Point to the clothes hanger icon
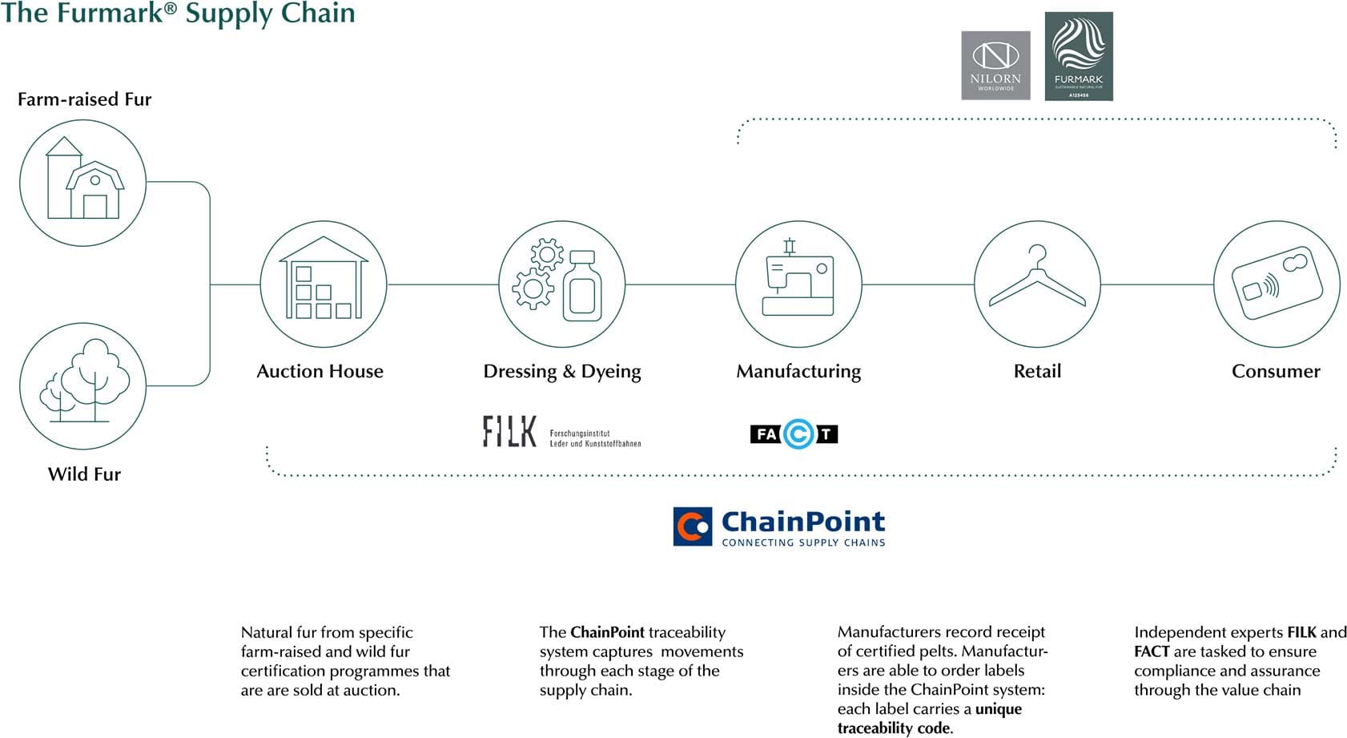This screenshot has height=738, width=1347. pos(1037,284)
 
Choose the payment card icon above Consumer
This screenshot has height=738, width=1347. pos(1277,284)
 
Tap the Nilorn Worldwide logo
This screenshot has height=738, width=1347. pos(995,66)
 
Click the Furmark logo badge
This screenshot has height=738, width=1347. pos(1079,56)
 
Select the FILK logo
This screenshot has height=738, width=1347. pos(509,431)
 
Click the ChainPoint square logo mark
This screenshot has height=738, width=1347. pos(693,526)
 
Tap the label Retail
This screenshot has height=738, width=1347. pos(1037,371)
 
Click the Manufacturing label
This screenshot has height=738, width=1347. pos(798,371)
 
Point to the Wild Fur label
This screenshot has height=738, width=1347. pos(84,474)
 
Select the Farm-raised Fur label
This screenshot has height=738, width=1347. pos(84,99)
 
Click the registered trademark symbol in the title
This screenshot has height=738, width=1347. pos(170,7)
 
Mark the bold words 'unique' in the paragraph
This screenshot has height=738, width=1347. pos(999,709)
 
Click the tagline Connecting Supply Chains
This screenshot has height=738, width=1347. pos(803,542)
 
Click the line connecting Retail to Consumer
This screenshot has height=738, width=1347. pos(1157,284)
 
